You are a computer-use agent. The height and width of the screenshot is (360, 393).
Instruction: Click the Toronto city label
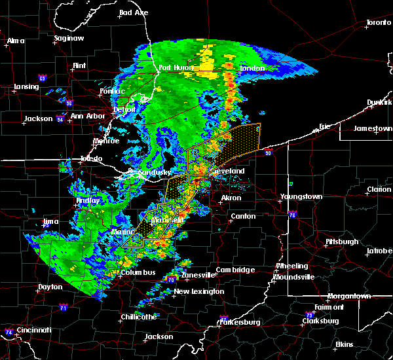point(378,23)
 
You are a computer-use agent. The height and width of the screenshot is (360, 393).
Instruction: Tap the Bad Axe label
point(134,12)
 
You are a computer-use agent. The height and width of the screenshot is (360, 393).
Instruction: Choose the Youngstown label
point(301,196)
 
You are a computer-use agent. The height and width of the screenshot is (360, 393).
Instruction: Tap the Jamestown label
point(372,128)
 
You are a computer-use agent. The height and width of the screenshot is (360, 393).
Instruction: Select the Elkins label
point(344,344)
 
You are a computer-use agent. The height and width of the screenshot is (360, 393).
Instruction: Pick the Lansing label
point(28,86)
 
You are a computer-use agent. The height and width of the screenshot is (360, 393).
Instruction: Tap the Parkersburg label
point(240,322)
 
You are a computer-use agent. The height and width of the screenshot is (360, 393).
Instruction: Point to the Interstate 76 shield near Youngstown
point(292,214)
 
